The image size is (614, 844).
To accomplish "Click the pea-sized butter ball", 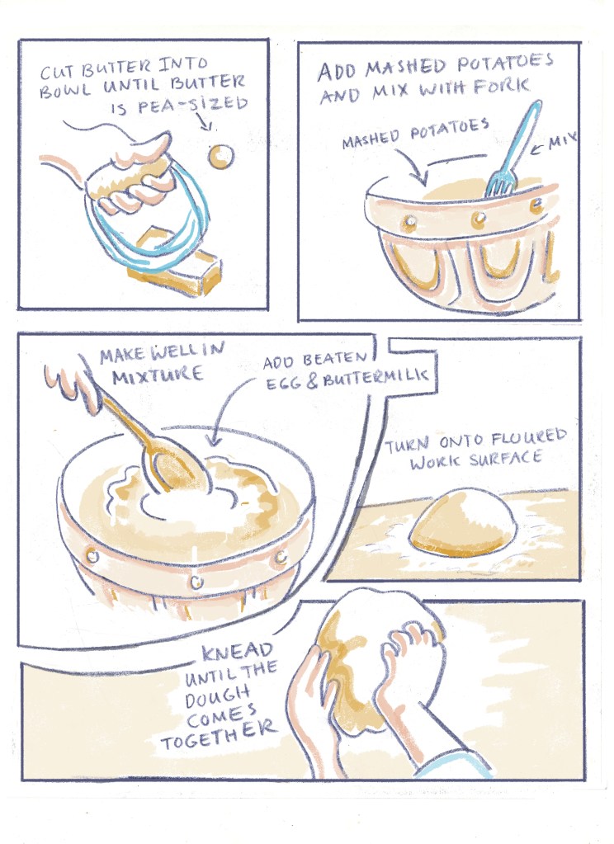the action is [221, 157].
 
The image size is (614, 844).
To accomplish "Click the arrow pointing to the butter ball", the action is [208, 121].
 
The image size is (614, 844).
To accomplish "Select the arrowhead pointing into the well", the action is [214, 441].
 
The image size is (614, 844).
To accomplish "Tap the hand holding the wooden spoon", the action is [73, 380].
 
